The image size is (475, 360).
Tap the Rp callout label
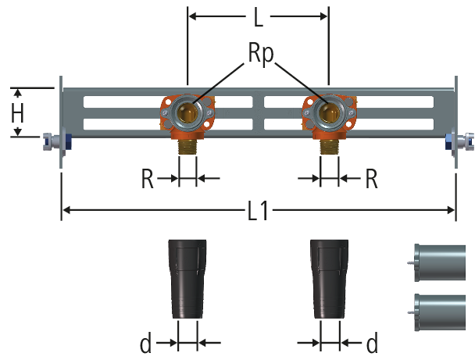(261, 55)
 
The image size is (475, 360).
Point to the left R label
(147, 179)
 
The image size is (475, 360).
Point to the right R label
(371, 179)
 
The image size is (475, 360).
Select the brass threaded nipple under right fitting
(329, 148)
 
